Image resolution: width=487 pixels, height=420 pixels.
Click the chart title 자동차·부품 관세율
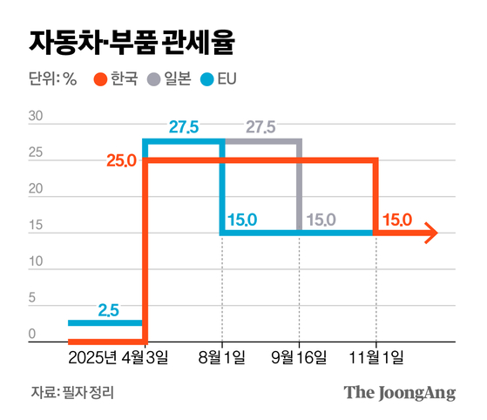[132, 41]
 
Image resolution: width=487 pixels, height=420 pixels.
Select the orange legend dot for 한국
[100, 79]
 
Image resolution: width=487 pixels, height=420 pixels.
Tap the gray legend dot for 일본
[154, 79]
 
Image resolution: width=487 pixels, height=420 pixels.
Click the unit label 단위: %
[52, 79]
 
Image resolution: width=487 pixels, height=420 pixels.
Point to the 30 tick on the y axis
[36, 117]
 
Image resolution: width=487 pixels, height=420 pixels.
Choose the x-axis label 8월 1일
[222, 358]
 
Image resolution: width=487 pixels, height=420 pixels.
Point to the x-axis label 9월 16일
[300, 358]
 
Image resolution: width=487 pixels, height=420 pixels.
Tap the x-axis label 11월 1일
[376, 358]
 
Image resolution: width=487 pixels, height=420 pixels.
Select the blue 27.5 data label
[184, 128]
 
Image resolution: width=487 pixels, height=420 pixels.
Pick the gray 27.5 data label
[260, 128]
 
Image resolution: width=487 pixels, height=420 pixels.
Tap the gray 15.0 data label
[320, 220]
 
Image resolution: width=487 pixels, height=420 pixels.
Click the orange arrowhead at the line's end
[430, 233]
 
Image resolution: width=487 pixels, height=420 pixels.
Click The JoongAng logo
[400, 392]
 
